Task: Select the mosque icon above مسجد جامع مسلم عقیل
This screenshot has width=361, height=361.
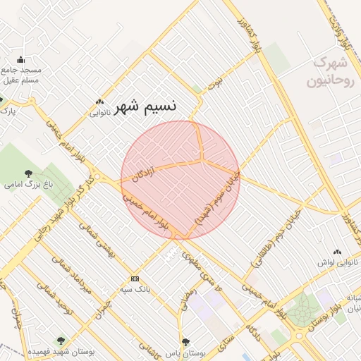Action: tap(20, 60)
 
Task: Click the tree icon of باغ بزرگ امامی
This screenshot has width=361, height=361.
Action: tap(28, 173)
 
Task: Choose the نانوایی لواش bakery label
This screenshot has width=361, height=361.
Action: tap(336, 262)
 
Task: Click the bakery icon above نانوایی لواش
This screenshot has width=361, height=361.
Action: tap(337, 252)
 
